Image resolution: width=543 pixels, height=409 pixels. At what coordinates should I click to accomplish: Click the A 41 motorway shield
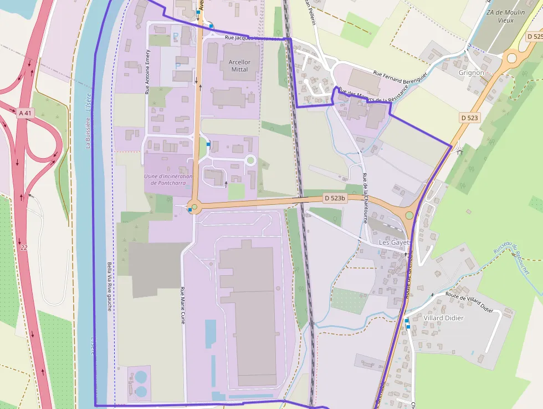point(25,113)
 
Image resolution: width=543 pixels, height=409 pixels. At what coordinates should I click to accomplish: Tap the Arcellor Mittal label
point(239,66)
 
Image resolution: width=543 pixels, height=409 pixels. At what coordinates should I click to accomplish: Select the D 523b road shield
point(335,198)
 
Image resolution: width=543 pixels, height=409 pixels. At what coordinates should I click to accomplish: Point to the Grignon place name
point(472,73)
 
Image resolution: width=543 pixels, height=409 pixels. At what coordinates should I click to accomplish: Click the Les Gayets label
point(393,243)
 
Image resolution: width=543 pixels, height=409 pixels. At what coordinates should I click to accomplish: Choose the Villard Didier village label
point(443,318)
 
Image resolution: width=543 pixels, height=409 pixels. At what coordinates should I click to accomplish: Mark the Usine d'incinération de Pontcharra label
point(168,180)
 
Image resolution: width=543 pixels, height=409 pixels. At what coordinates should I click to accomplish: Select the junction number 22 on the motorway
point(23,248)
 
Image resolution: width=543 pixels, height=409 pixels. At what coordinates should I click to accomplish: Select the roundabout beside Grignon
point(511,57)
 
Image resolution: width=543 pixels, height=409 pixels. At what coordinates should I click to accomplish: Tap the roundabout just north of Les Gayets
point(409,215)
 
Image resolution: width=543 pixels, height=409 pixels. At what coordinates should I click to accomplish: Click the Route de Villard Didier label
point(469,302)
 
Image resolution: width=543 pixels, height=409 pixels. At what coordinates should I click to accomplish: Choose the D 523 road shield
point(469,118)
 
